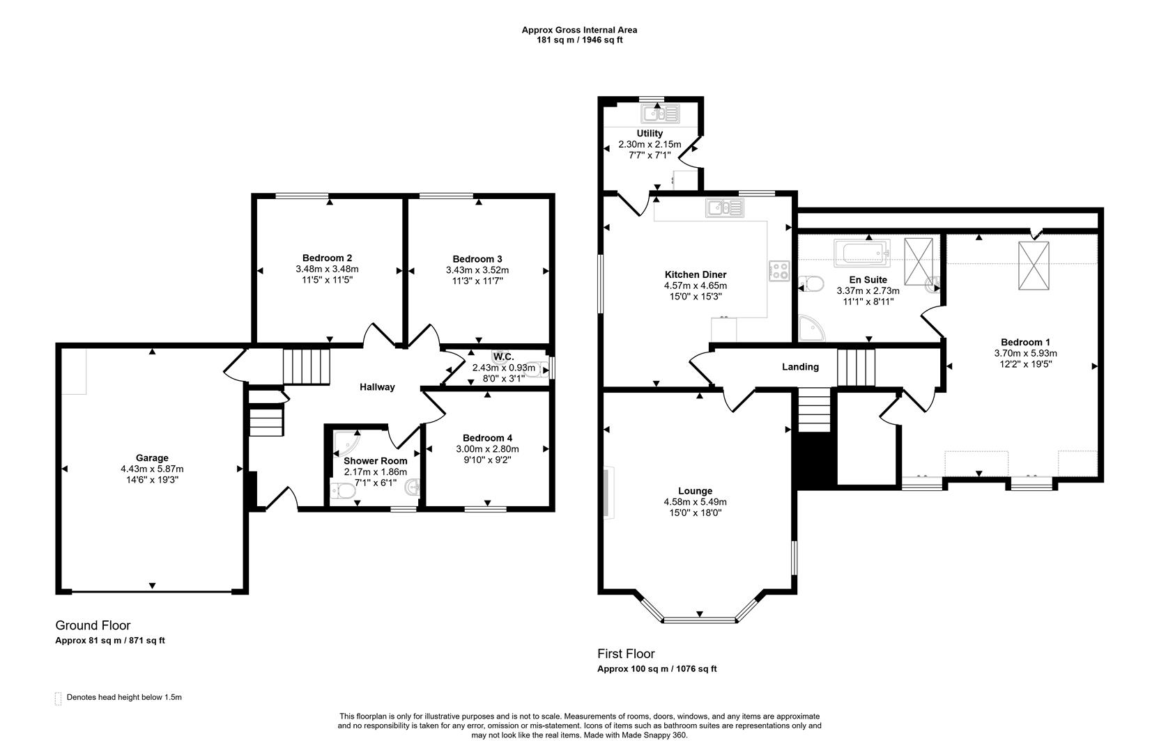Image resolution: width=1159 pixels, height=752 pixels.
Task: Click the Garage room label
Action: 152,457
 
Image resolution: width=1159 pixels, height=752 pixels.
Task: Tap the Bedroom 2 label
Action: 327,258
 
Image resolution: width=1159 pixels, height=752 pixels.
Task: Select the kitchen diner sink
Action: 724,207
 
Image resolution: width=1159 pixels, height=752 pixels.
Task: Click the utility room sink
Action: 659,113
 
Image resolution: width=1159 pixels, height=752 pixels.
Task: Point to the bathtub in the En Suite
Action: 862,253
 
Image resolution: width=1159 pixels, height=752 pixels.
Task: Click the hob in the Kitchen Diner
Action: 778,271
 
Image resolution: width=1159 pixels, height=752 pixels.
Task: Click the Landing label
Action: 800,367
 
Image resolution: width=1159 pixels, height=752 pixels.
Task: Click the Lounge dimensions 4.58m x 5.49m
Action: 695,502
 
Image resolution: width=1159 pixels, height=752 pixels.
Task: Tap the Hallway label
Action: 377,387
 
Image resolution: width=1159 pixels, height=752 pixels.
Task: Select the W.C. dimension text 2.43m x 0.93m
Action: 503,368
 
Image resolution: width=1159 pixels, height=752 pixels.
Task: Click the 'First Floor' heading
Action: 625,654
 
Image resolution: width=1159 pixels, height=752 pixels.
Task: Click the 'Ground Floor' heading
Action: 93,625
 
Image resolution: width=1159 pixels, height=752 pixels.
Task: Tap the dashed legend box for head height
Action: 58,698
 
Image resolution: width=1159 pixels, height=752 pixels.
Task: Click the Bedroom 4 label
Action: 487,438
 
